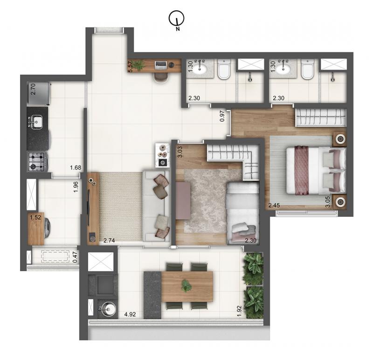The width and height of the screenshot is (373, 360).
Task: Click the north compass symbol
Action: [x=177, y=19]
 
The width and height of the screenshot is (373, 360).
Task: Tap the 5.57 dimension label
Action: [x=130, y=67]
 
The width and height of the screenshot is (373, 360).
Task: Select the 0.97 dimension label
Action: [x=222, y=116]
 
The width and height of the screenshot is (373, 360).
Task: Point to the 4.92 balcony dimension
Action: [x=130, y=314]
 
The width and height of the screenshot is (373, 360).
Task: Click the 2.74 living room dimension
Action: [x=109, y=241]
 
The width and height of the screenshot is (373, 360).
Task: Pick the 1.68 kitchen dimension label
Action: [x=76, y=168]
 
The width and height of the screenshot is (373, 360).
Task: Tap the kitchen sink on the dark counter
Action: [x=36, y=122]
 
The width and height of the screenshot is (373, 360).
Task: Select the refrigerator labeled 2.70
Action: [x=39, y=94]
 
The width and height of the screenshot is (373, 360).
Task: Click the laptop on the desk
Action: [x=161, y=65]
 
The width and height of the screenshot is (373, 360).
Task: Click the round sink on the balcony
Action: [x=107, y=309]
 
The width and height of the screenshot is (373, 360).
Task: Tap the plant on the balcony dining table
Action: [x=186, y=285]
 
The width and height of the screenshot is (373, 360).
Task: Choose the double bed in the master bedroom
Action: [x=316, y=170]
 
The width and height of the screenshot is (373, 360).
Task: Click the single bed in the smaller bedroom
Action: [x=242, y=213]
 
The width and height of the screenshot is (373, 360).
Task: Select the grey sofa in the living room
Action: [x=156, y=206]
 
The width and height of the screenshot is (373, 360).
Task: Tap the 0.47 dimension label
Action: [x=75, y=257]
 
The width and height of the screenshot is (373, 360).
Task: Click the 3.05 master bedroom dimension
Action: [x=328, y=202]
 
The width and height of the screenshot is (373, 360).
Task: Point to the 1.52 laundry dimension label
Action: [x=35, y=217]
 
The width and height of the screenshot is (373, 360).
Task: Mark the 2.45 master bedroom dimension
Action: [x=274, y=205]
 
